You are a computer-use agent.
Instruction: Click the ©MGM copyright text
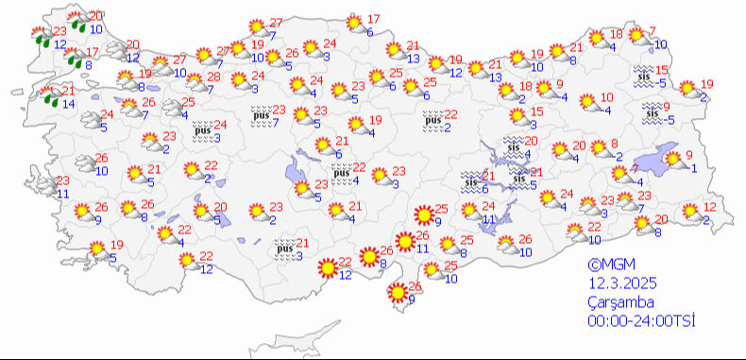pyautogui.click(x=607, y=266)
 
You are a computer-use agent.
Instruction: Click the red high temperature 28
pyautogui.click(x=213, y=77)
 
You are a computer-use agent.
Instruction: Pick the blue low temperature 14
pyautogui.click(x=70, y=103)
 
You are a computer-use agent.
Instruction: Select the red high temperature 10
pyautogui.click(x=606, y=97)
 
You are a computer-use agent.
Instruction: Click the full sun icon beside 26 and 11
pyautogui.click(x=404, y=242)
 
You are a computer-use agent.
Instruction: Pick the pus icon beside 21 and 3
pyautogui.click(x=283, y=249)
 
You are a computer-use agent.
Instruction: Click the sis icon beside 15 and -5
pyautogui.click(x=643, y=76)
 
